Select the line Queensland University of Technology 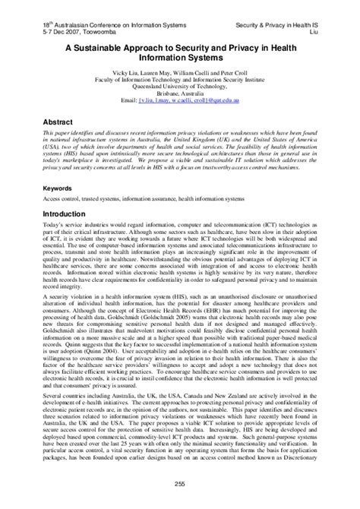[x=180, y=85]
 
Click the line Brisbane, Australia [x=180, y=92]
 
